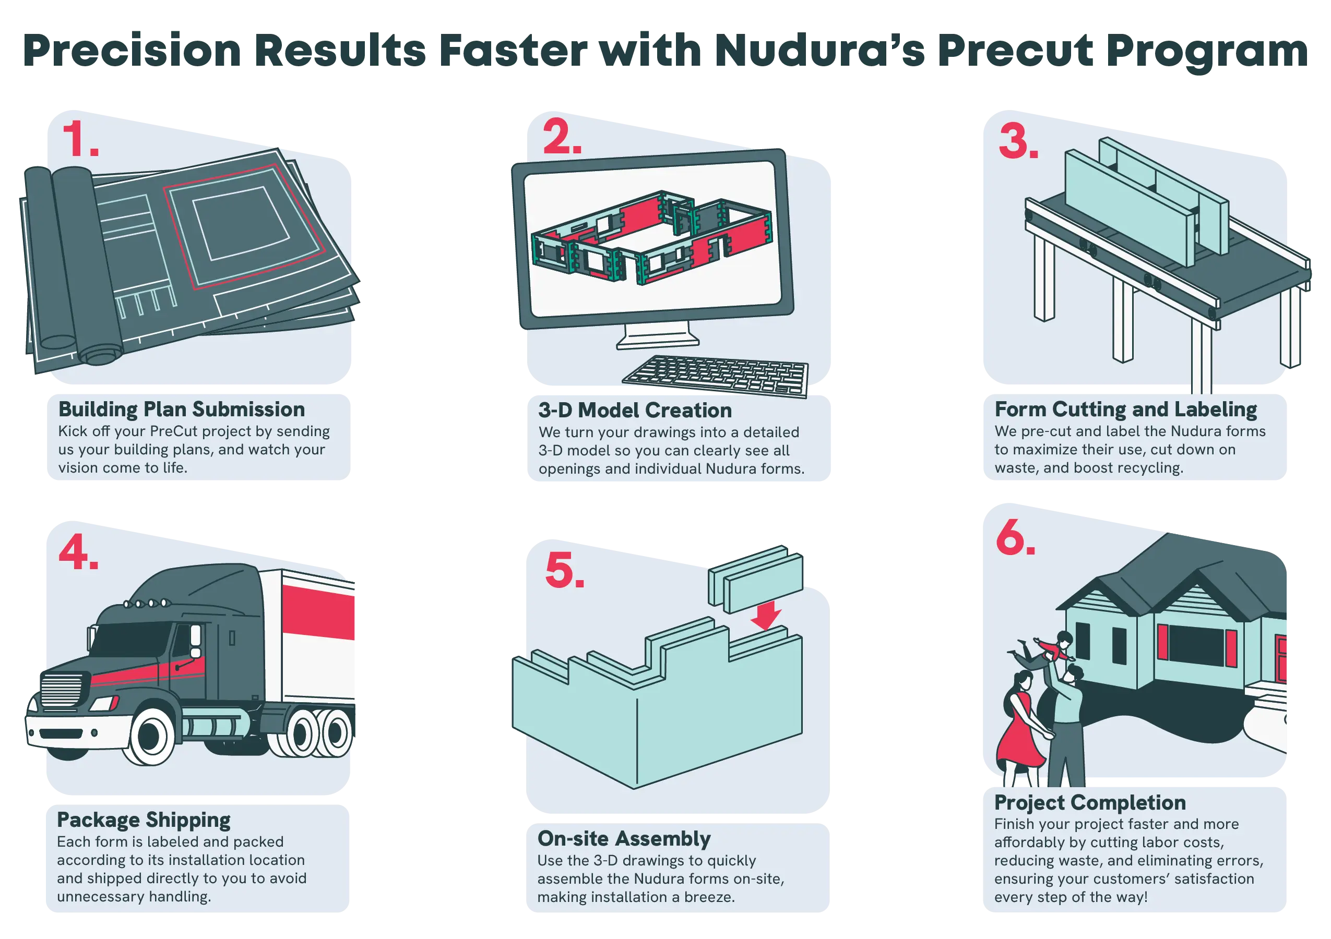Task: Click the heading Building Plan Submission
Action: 182,410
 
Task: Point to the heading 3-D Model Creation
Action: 635,410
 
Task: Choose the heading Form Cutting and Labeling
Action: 1126,410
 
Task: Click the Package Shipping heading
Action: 144,820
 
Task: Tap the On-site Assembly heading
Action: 624,839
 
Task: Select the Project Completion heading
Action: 1090,803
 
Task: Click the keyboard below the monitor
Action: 716,376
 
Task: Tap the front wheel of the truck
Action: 151,736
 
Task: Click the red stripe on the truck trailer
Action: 318,611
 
